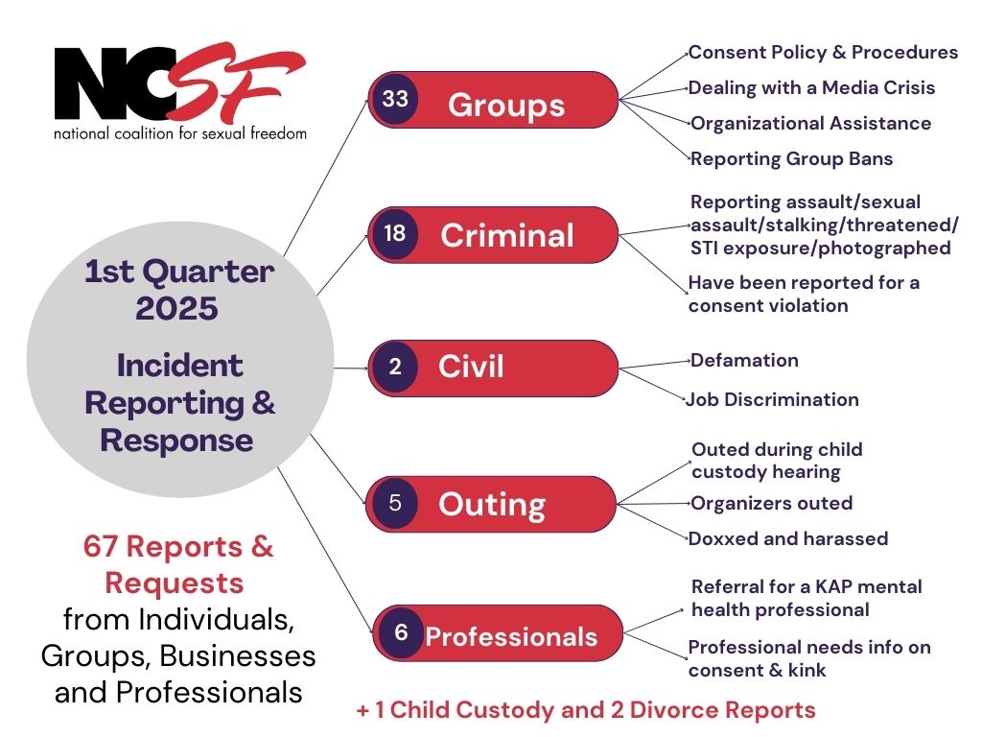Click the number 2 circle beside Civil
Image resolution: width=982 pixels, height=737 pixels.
395,368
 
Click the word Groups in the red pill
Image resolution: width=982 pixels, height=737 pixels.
506,104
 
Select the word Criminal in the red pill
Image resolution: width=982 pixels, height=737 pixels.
507,236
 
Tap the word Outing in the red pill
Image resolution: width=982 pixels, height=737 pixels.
492,505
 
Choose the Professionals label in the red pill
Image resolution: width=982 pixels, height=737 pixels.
511,636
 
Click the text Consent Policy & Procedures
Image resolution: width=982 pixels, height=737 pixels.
823,52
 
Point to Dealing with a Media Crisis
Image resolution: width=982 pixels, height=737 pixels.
811,87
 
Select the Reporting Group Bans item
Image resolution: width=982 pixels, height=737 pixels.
791,158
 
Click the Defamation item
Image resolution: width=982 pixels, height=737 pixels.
744,361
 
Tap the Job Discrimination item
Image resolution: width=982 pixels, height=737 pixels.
773,399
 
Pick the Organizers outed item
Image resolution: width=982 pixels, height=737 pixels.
771,503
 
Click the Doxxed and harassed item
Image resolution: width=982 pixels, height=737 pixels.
788,538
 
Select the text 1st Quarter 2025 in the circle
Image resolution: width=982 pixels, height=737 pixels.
178,291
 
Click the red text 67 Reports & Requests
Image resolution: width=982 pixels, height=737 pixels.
177,564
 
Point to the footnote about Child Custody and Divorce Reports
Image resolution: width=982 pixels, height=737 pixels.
585,710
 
